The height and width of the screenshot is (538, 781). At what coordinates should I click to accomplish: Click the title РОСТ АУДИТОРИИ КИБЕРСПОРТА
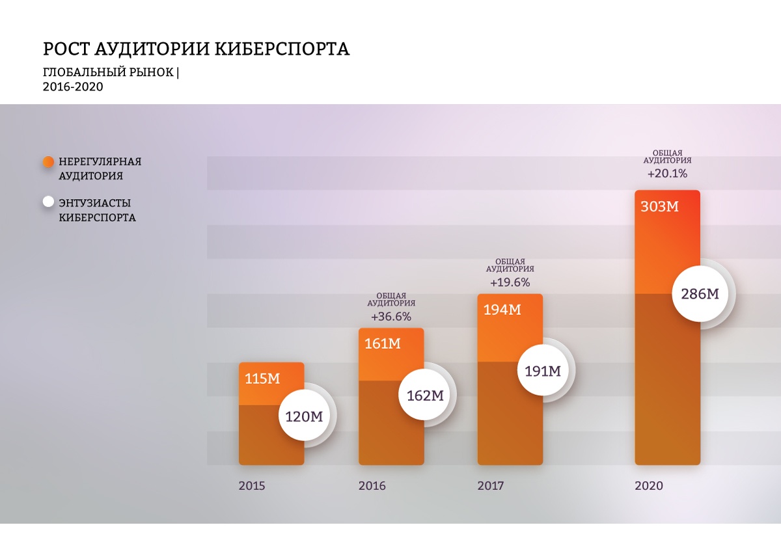tap(196, 49)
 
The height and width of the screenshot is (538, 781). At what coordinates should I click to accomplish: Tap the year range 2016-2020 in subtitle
tap(73, 87)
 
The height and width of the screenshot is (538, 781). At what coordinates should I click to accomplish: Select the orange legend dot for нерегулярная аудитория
tap(48, 162)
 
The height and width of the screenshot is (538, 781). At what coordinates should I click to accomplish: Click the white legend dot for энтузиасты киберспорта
tap(48, 202)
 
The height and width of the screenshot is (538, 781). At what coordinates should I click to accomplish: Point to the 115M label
tap(262, 379)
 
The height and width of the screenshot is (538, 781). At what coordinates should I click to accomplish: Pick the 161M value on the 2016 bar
tap(383, 344)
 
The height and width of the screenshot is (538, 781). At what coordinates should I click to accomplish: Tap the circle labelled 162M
tap(424, 395)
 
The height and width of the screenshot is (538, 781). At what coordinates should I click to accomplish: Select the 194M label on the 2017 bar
tap(502, 310)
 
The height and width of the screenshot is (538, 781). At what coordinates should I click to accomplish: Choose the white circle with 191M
tap(543, 371)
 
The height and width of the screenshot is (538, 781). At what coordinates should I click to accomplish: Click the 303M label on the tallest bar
tap(659, 207)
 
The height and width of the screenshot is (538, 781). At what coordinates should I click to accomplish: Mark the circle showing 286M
tap(700, 293)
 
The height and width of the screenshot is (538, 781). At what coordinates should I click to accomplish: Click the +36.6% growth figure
tap(390, 317)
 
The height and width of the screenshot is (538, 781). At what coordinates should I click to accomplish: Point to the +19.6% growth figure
tap(510, 282)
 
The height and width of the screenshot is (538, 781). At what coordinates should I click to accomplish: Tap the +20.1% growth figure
tap(667, 174)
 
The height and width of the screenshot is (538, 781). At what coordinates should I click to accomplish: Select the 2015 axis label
tap(252, 486)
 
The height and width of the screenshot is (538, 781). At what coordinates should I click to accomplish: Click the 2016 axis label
tap(372, 486)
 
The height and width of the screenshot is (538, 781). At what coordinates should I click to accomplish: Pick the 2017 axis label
tap(491, 486)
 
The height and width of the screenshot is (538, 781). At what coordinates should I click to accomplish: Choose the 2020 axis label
tap(649, 486)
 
